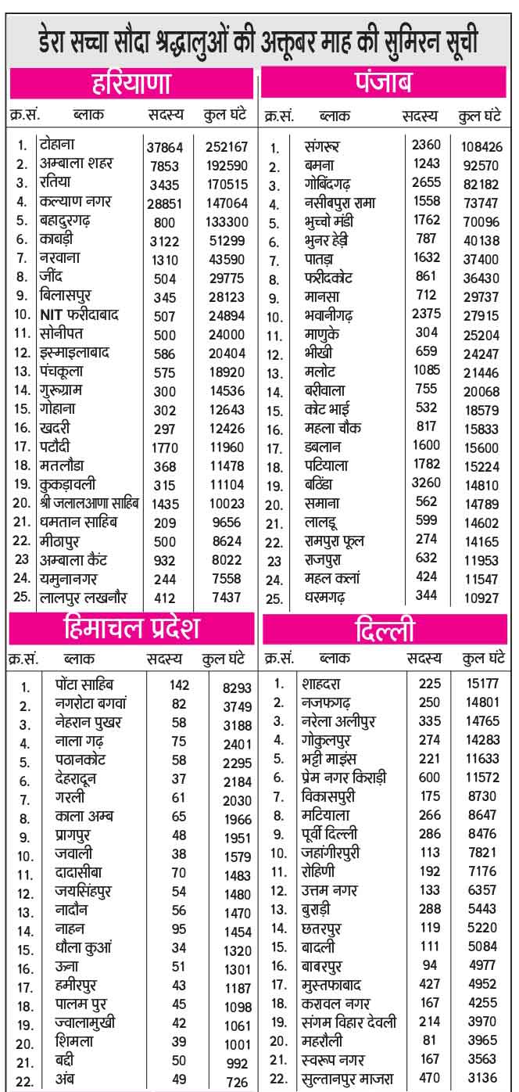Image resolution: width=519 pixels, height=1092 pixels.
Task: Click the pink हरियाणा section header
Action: pyautogui.click(x=131, y=82)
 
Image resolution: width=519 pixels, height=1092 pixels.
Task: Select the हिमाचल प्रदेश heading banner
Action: pyautogui.click(x=131, y=628)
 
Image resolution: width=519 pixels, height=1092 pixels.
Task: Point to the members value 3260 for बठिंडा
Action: pyautogui.click(x=426, y=484)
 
